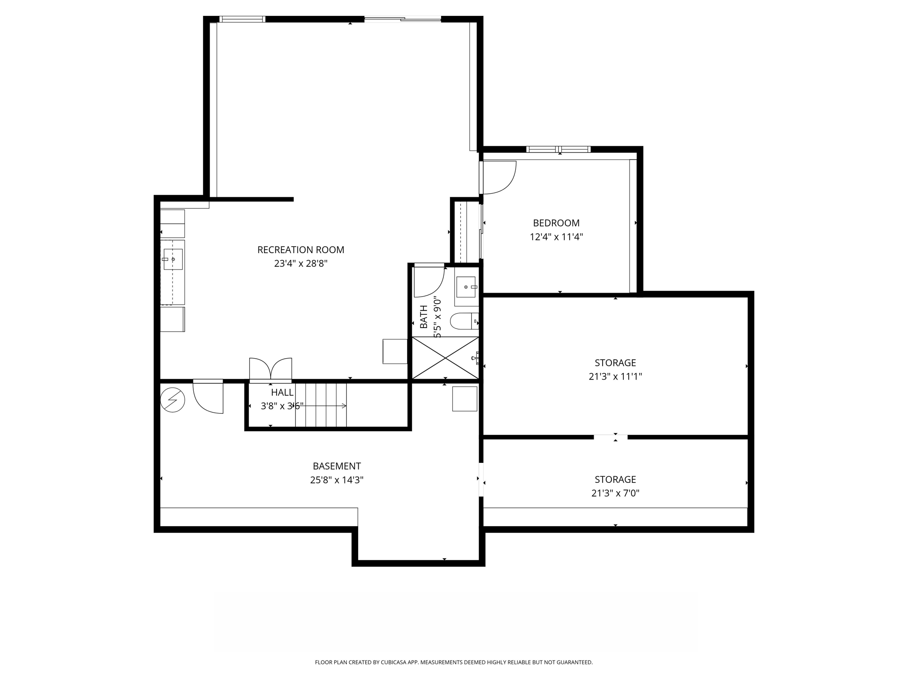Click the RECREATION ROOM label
click(301, 250)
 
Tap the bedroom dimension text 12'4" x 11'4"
click(556, 237)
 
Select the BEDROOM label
click(556, 223)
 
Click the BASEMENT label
click(337, 466)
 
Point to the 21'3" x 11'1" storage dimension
click(615, 376)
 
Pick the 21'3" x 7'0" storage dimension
click(615, 493)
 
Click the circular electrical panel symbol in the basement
click(172, 400)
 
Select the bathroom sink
click(466, 287)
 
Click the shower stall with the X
click(445, 358)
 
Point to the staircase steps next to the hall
click(321, 405)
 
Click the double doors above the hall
click(270, 369)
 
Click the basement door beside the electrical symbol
click(208, 397)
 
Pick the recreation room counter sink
click(173, 259)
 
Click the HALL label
click(282, 392)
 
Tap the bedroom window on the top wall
click(558, 149)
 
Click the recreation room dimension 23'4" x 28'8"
click(301, 263)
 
